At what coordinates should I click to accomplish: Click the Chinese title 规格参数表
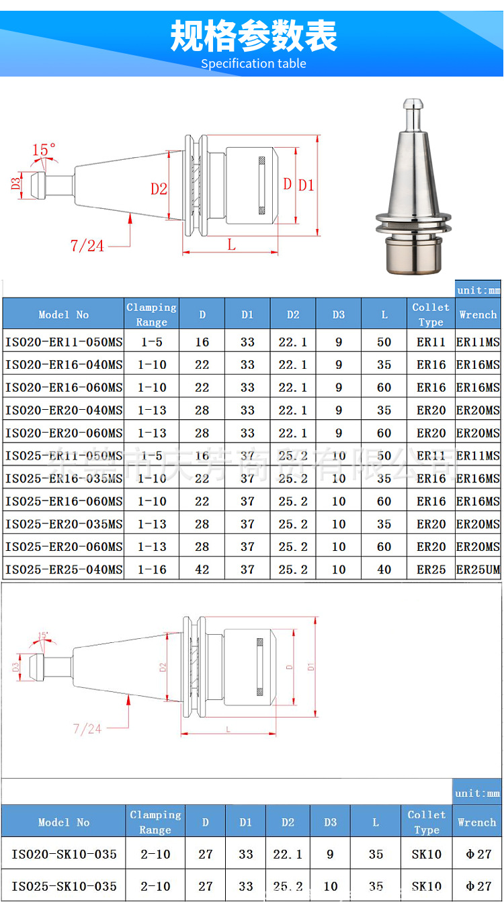[x=253, y=36]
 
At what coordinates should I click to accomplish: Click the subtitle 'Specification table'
[x=253, y=64]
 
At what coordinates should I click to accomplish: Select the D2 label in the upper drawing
[x=159, y=189]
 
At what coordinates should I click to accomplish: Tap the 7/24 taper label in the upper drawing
[x=87, y=246]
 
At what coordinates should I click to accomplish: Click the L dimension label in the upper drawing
[x=231, y=245]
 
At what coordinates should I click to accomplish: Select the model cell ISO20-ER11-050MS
[x=64, y=342]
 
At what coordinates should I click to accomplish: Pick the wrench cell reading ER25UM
[x=478, y=570]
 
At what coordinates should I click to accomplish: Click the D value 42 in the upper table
[x=202, y=570]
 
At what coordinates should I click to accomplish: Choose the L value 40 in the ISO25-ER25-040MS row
[x=384, y=570]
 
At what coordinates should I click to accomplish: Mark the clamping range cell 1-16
[x=151, y=570]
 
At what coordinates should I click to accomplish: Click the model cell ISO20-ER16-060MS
[x=64, y=388]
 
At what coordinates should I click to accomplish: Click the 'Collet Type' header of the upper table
[x=431, y=314]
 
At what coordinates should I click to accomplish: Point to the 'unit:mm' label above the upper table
[x=478, y=290]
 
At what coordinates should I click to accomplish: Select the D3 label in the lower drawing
[x=15, y=667]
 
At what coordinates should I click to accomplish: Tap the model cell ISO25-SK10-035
[x=64, y=886]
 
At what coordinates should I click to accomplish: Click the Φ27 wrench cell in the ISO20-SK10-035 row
[x=478, y=855]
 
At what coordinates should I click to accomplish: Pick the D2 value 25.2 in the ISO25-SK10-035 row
[x=288, y=886]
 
